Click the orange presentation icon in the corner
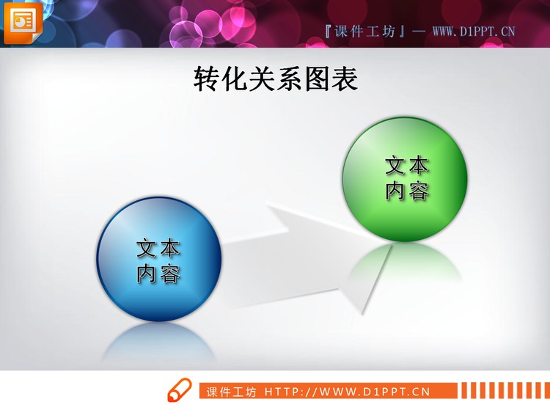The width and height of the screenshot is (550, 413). click(x=23, y=23)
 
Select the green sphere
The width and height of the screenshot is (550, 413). click(x=405, y=179)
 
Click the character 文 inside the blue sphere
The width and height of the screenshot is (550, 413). click(x=147, y=249)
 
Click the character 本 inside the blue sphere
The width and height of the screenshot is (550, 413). click(x=170, y=249)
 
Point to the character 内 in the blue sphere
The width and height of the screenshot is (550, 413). click(x=147, y=274)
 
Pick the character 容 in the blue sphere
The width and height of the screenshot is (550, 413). click(x=170, y=274)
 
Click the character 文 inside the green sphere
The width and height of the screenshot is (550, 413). click(x=395, y=166)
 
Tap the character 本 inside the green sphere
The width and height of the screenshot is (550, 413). click(x=419, y=166)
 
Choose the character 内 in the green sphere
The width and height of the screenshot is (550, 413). click(x=395, y=191)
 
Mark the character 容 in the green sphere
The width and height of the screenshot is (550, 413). click(x=419, y=191)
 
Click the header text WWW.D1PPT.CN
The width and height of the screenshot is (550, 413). click(x=474, y=31)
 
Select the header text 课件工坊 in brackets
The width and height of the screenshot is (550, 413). click(x=364, y=31)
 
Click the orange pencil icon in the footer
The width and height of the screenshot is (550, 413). click(x=179, y=390)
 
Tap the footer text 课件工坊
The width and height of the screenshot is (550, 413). click(x=232, y=392)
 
